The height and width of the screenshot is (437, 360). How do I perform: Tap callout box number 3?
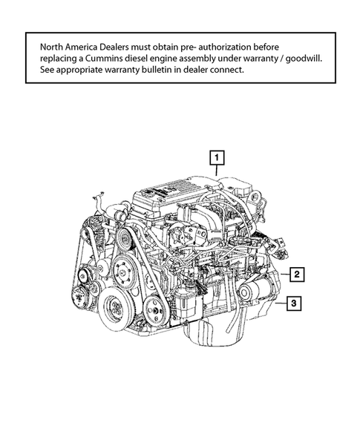(295, 303)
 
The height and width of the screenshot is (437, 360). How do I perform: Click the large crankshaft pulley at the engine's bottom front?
(117, 306)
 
